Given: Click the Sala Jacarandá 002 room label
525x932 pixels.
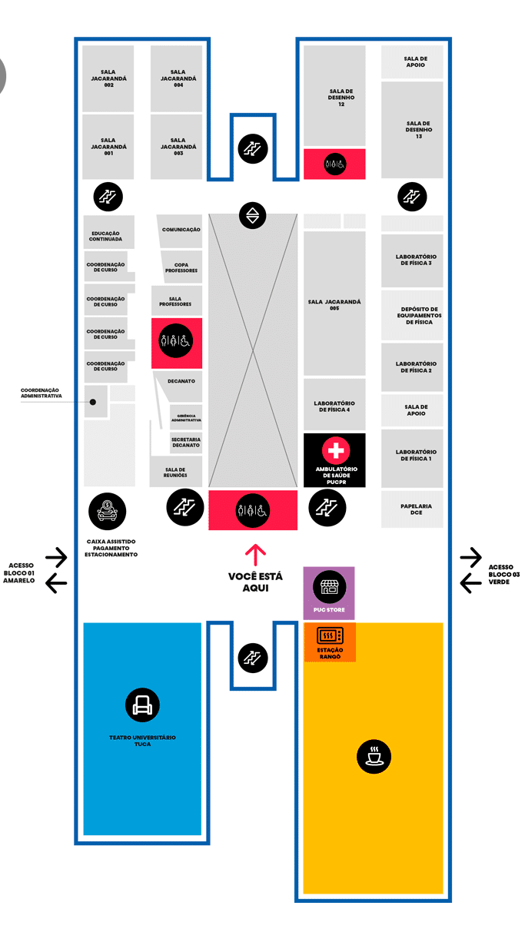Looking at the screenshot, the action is coord(108,78).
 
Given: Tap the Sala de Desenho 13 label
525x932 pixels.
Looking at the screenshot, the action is coord(419,130).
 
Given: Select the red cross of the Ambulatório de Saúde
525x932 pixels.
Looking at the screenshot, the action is coord(336,450).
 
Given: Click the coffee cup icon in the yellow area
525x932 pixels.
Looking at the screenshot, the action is coord(374,756).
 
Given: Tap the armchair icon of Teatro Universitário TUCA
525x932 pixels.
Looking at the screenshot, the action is coord(142,705).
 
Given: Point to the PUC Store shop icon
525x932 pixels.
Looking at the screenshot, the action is coord(329,587).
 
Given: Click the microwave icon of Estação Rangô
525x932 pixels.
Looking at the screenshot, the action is coord(331,635).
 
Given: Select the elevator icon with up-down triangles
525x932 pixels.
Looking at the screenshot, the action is coord(253,216).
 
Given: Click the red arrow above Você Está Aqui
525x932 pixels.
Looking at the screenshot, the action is coord(255,555).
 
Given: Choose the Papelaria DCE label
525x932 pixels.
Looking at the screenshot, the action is coord(417,509).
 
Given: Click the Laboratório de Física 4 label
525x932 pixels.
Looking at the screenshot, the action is coord(334,406).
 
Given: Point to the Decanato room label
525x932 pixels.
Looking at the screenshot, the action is coord(181,381).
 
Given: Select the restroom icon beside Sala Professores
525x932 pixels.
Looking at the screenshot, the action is coord(176,341).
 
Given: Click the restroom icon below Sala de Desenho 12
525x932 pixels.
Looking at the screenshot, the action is coord(334,164).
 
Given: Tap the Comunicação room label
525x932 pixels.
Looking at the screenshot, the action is coord(181,230).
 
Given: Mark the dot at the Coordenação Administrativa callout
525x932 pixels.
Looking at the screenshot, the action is coord(93,402).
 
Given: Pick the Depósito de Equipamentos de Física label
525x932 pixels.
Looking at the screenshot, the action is coord(419,316).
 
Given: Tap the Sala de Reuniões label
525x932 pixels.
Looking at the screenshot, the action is coord(175,473).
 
